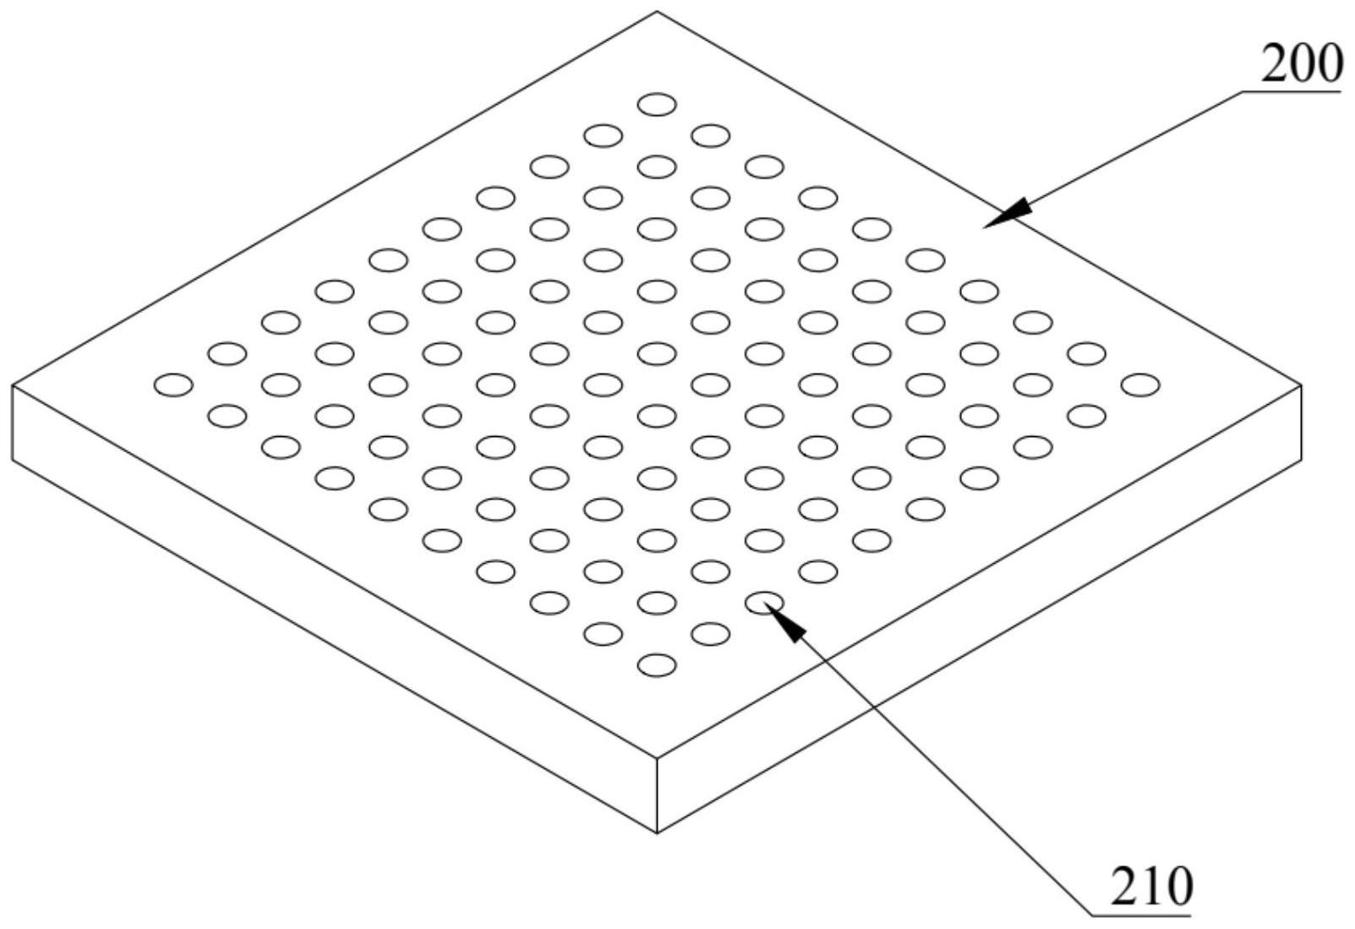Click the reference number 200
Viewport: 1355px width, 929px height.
pyautogui.click(x=1301, y=64)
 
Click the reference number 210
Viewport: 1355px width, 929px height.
pyautogui.click(x=1150, y=887)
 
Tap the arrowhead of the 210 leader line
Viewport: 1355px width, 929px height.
pyautogui.click(x=786, y=622)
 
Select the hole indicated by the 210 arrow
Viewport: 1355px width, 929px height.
pyautogui.click(x=764, y=602)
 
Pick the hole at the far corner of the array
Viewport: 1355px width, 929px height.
pyautogui.click(x=657, y=105)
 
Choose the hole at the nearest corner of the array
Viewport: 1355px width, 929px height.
pyautogui.click(x=657, y=665)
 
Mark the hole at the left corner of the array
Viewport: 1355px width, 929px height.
pyautogui.click(x=173, y=385)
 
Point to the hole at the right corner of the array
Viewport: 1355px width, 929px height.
pyautogui.click(x=1140, y=385)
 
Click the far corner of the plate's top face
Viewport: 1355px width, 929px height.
pyautogui.click(x=657, y=12)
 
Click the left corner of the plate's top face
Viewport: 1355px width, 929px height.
pyautogui.click(x=13, y=385)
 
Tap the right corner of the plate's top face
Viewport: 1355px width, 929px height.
pyautogui.click(x=1301, y=385)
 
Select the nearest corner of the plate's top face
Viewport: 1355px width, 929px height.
pyautogui.click(x=657, y=758)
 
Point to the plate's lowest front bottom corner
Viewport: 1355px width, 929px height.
pyautogui.click(x=657, y=833)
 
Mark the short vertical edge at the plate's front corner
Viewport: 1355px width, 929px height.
pyautogui.click(x=657, y=795)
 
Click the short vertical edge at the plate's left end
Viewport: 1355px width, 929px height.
pyautogui.click(x=13, y=423)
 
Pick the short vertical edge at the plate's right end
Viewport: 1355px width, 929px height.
pyautogui.click(x=1301, y=423)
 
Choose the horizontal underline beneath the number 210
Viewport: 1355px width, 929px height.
pyautogui.click(x=1141, y=915)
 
